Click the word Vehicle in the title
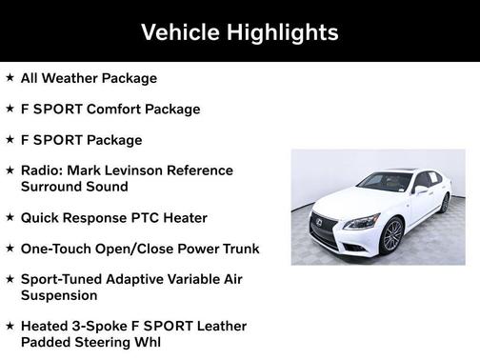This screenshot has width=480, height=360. tap(179, 31)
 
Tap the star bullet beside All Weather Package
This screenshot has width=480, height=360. tap(10, 77)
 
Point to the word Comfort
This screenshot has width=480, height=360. tap(114, 109)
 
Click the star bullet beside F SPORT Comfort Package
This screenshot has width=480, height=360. tap(10, 108)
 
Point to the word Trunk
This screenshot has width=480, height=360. tap(237, 249)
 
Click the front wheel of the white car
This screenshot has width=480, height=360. tap(391, 236)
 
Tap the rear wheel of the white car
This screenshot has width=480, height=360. tap(444, 203)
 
